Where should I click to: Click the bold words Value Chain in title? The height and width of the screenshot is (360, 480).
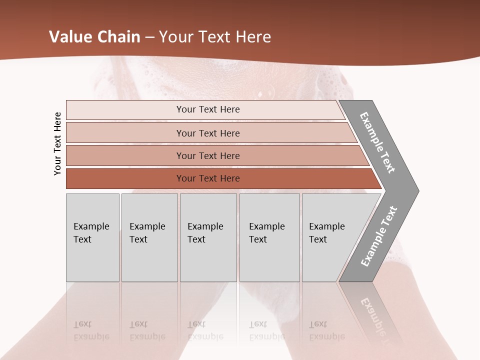(94, 37)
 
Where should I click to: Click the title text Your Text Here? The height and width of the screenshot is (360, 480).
(215, 37)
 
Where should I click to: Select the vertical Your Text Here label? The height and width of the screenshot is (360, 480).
(57, 143)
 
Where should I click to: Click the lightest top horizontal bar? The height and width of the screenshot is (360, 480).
(207, 109)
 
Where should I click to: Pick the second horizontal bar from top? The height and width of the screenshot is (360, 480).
(207, 133)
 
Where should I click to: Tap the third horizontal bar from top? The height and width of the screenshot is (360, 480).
(207, 155)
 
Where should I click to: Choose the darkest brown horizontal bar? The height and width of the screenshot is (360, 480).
(207, 178)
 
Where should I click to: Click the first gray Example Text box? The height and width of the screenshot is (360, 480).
(92, 237)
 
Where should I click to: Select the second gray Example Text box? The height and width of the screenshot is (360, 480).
(149, 237)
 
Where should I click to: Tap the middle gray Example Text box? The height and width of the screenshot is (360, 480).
(208, 237)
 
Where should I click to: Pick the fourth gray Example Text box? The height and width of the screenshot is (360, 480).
(269, 237)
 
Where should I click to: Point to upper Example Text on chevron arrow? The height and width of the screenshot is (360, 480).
(377, 142)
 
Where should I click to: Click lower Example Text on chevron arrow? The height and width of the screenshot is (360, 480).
(379, 236)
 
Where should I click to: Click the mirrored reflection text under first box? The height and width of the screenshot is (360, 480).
(91, 330)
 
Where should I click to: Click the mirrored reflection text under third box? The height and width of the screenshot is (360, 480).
(205, 330)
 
